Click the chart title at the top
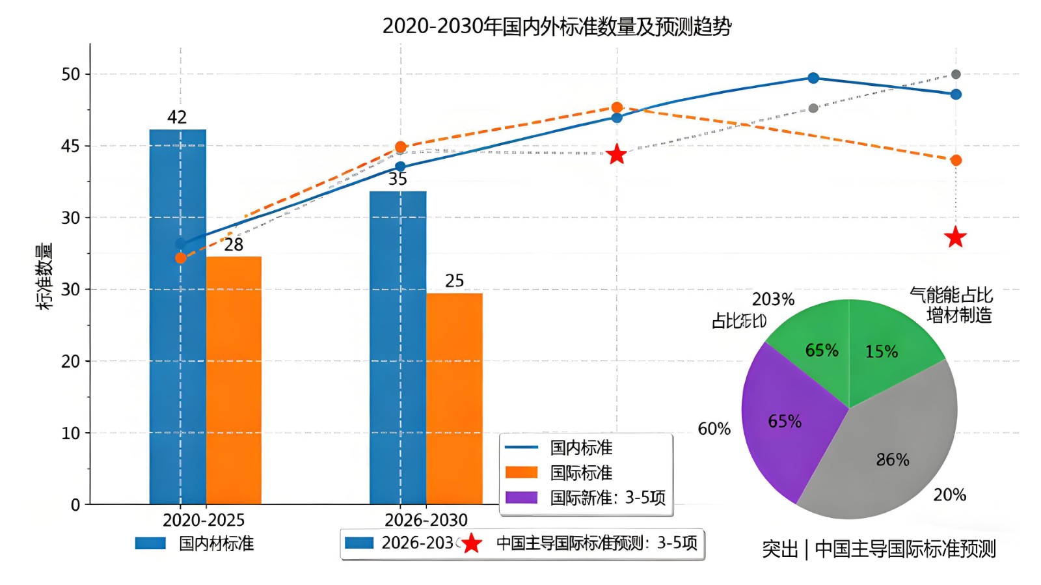click(557, 27)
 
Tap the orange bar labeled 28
click(234, 380)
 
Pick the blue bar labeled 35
click(398, 347)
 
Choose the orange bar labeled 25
click(454, 398)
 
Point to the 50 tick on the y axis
click(71, 74)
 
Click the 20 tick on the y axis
click(71, 361)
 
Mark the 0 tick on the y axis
click(75, 504)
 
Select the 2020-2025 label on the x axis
click(204, 520)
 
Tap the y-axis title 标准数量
click(44, 276)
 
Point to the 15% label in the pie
click(882, 351)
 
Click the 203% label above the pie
click(773, 299)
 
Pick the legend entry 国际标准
click(581, 472)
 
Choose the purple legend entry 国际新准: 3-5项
click(607, 498)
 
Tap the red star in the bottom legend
click(472, 543)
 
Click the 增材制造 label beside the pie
click(959, 316)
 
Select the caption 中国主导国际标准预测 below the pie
click(905, 549)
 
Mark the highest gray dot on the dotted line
click(956, 74)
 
